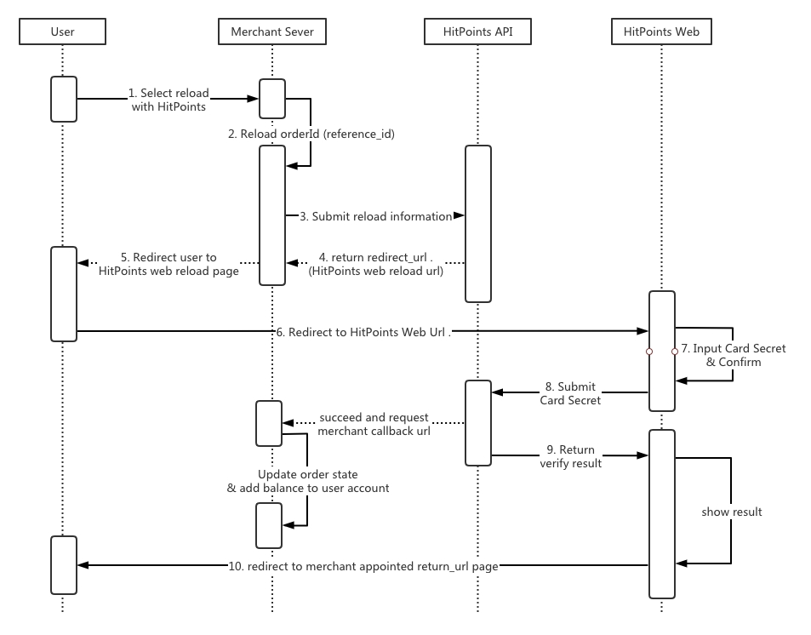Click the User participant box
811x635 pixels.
click(x=62, y=32)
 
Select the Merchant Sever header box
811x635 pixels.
click(x=272, y=32)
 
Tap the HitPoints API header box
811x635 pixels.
click(x=477, y=32)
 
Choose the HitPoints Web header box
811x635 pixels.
click(x=661, y=32)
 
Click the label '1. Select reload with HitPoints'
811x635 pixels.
click(x=168, y=100)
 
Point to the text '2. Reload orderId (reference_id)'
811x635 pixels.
click(x=311, y=134)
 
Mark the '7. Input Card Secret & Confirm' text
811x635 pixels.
click(x=734, y=355)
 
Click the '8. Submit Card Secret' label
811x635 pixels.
click(x=570, y=393)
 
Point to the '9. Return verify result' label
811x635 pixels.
click(x=570, y=456)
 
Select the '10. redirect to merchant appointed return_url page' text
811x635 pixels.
click(x=363, y=566)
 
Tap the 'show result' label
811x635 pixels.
click(x=731, y=512)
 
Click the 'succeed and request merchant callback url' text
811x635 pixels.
click(x=374, y=425)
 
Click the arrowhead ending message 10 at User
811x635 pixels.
click(x=83, y=565)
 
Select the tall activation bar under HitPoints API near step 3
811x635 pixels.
click(x=478, y=223)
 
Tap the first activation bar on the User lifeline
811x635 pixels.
click(x=64, y=99)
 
